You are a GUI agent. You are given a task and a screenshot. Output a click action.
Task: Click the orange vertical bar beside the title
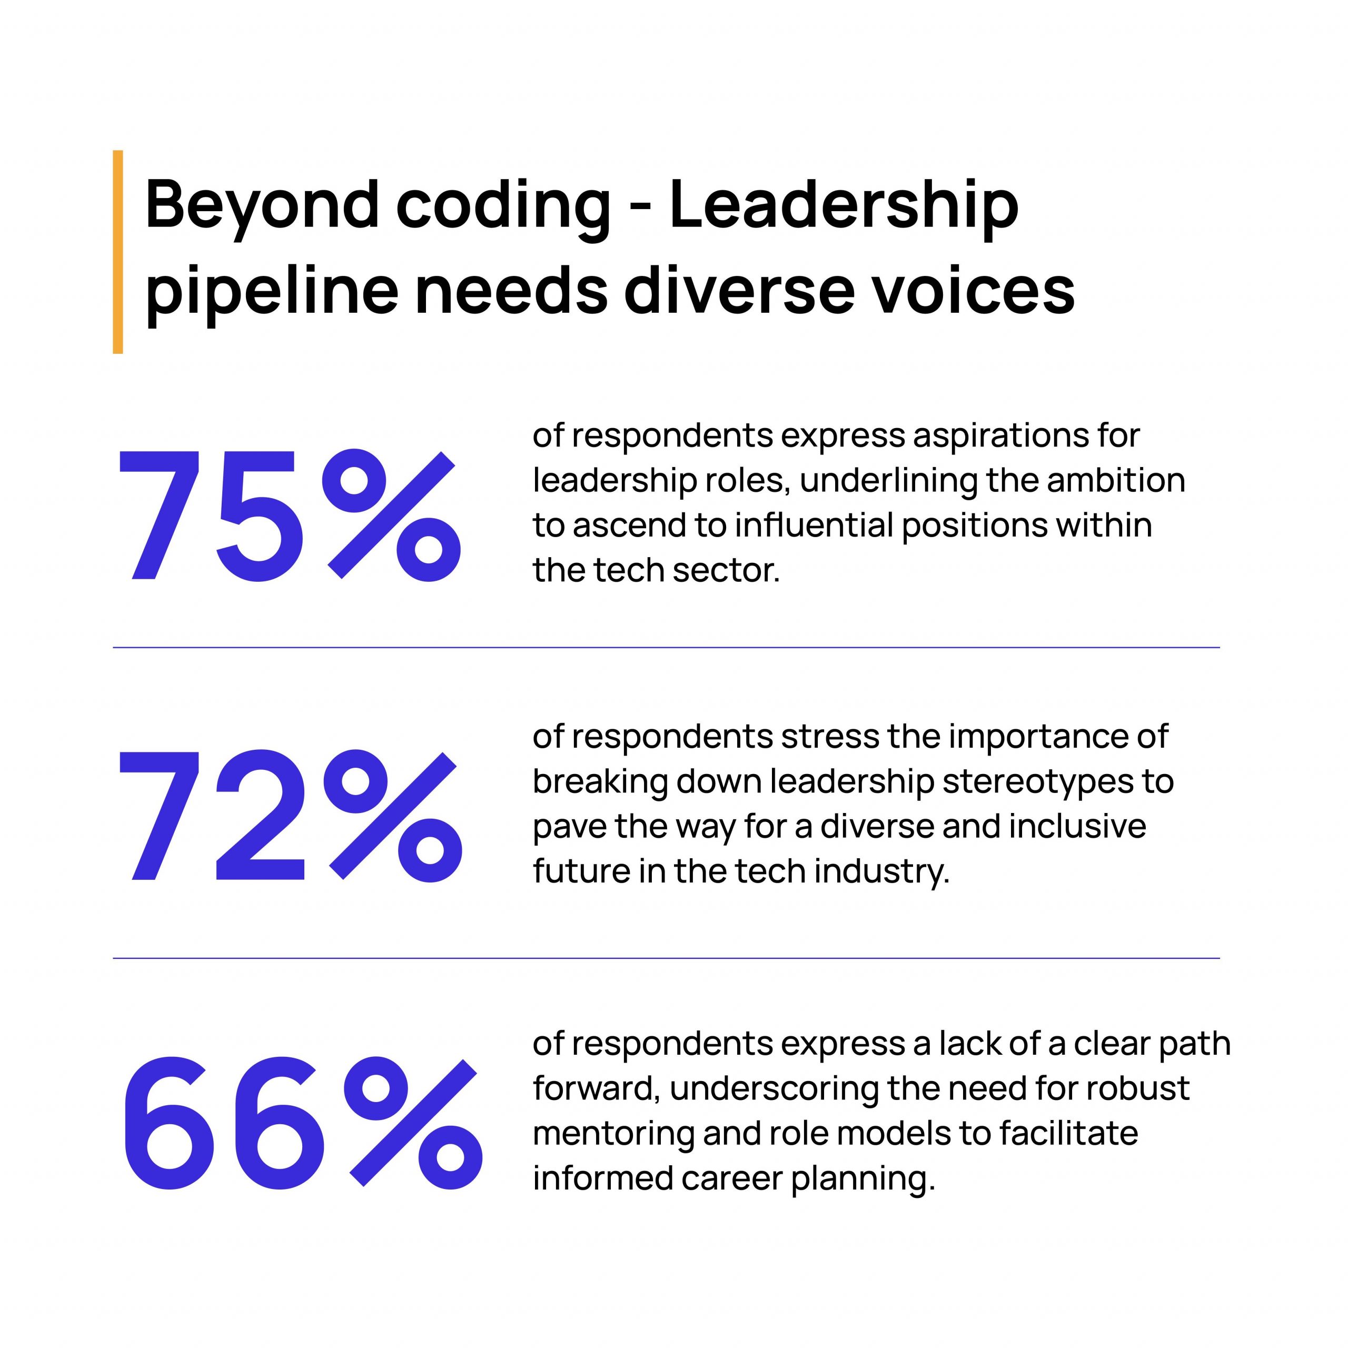click(117, 252)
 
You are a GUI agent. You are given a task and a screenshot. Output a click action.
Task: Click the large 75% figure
click(289, 515)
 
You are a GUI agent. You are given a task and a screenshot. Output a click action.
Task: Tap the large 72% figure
click(289, 815)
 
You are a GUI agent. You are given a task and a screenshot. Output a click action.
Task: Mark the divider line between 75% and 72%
click(666, 648)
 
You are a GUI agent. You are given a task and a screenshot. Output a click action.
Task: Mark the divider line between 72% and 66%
click(666, 958)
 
